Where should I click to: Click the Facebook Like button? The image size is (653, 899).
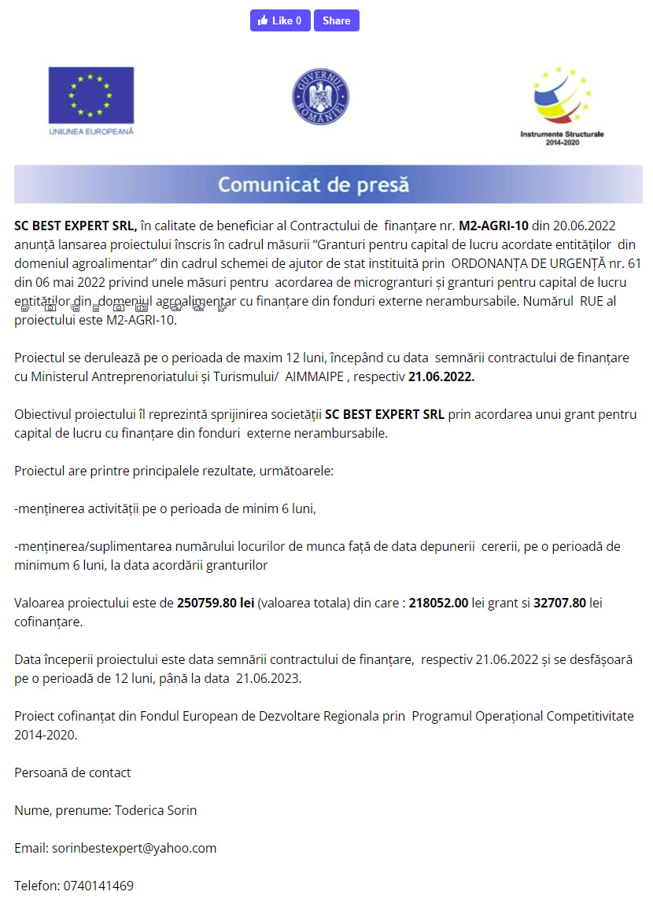coord(279,20)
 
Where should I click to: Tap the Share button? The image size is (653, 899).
coord(336,20)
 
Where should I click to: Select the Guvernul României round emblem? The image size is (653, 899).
coord(320,96)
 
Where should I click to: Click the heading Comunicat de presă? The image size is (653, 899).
coord(314,185)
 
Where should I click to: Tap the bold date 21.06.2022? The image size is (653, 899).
coord(441,377)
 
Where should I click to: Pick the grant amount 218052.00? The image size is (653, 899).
coord(438,604)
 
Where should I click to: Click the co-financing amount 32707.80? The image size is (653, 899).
coord(559,604)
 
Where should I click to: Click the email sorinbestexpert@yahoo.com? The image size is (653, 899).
coord(134,848)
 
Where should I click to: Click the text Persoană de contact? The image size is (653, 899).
coord(72,772)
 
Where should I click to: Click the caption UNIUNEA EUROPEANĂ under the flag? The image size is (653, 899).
coord(91,131)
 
